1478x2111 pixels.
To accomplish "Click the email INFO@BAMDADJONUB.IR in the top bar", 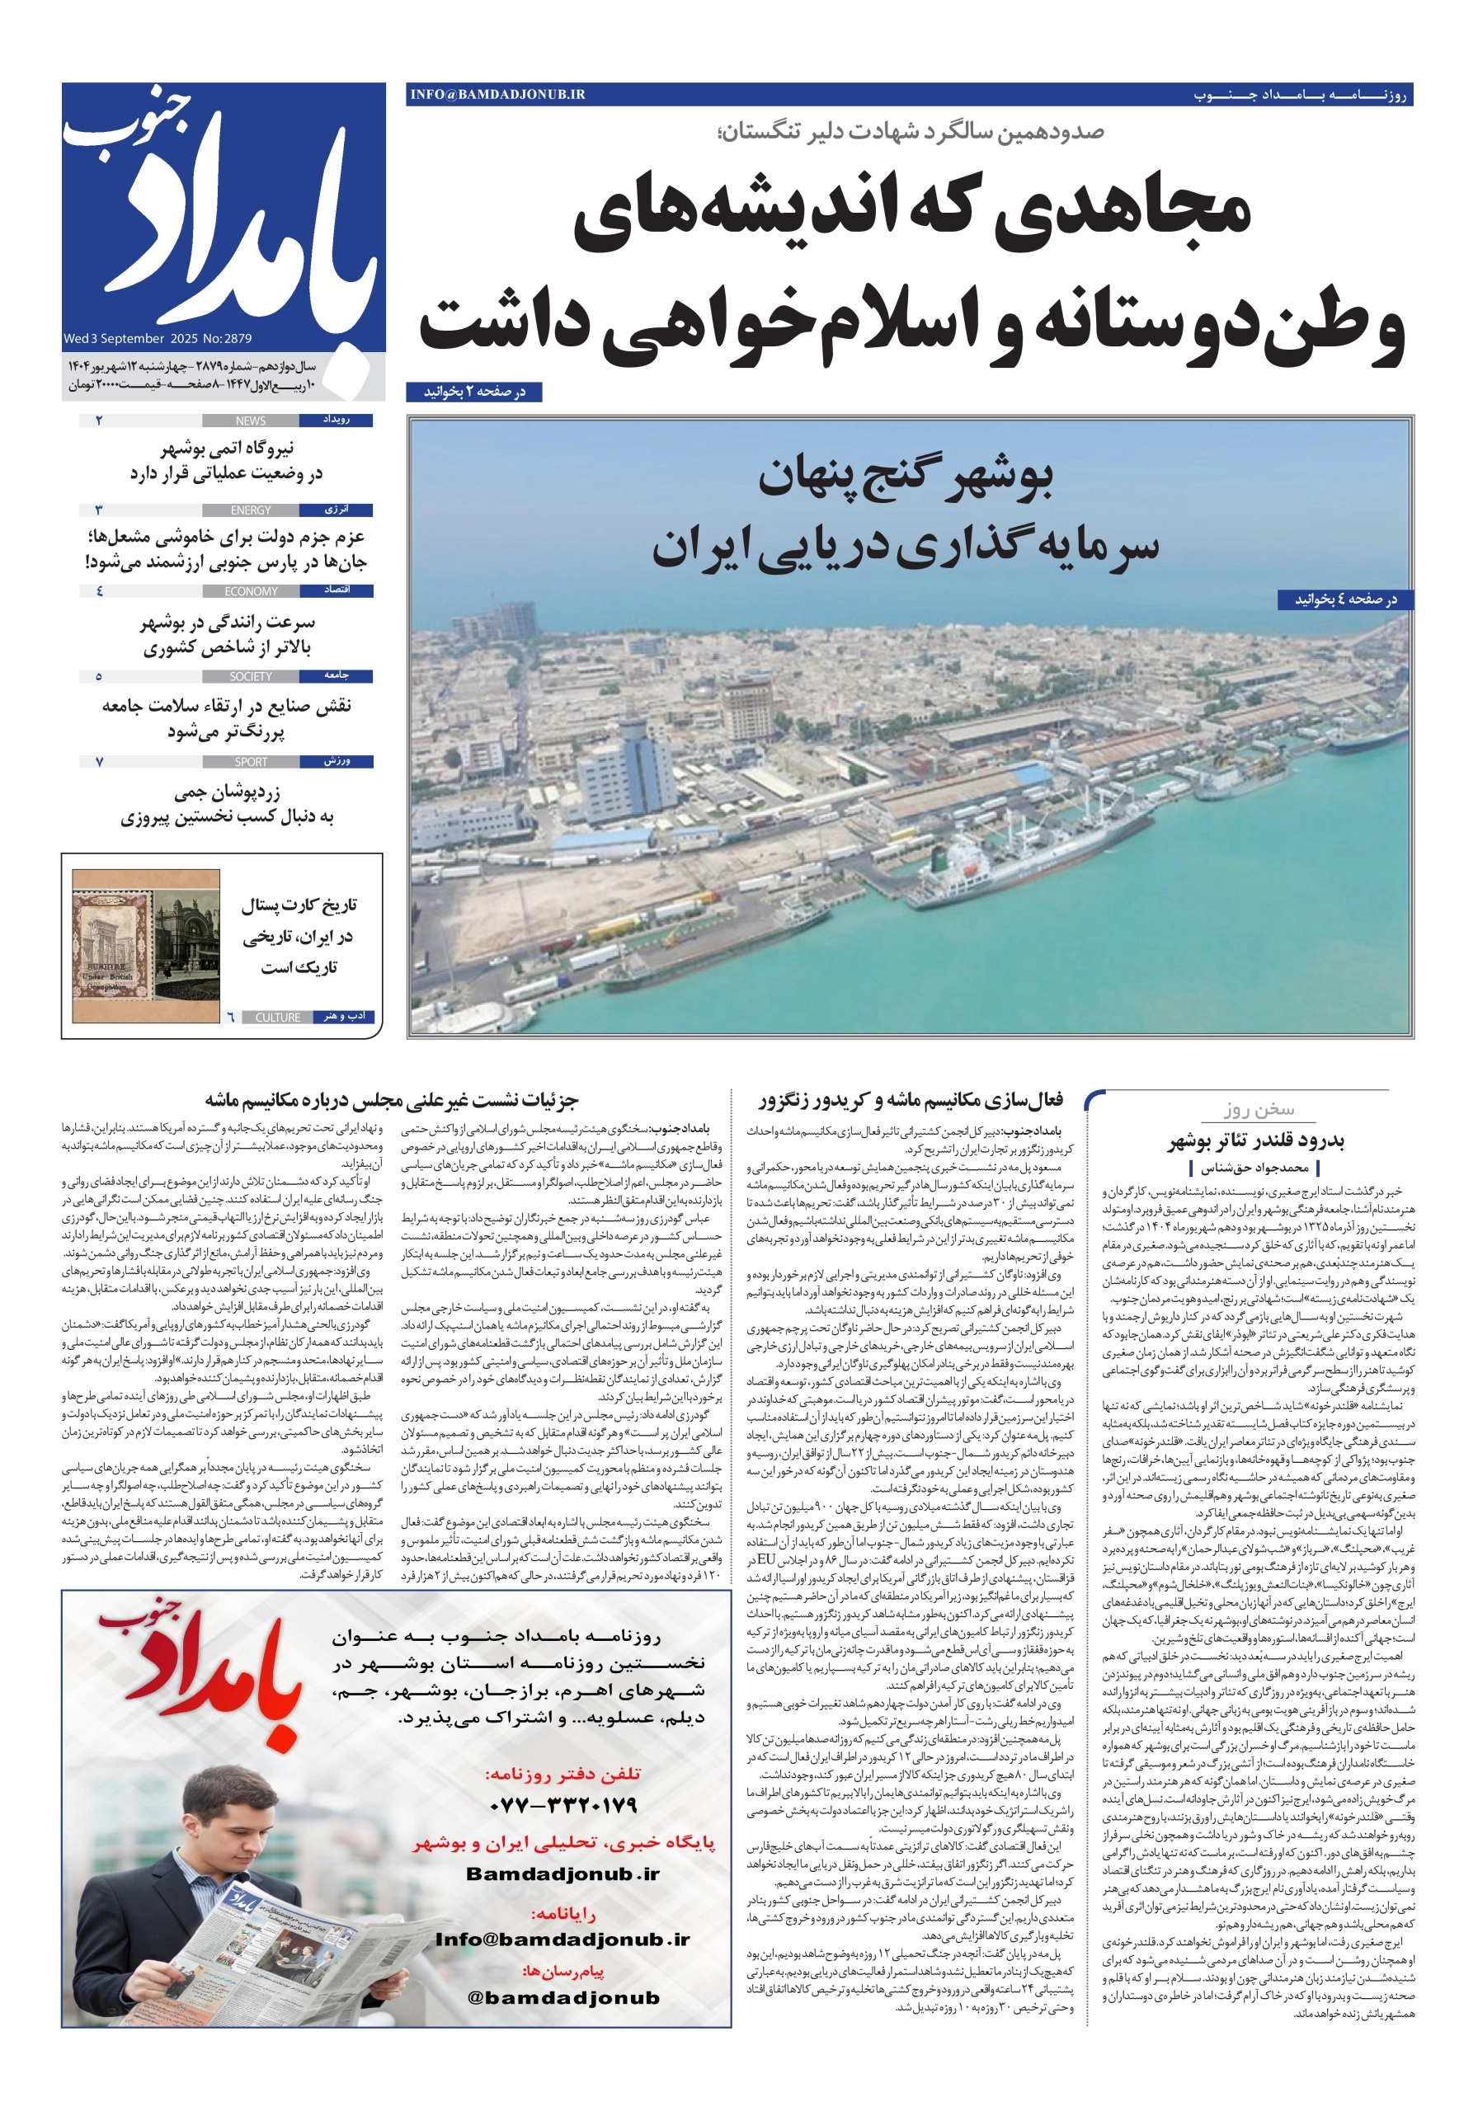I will click(x=497, y=94).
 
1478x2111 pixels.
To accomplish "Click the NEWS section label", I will click(x=250, y=421).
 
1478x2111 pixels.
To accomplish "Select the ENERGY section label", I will click(x=250, y=510).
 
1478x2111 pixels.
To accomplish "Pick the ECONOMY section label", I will click(x=250, y=591).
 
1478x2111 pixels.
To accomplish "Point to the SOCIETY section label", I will click(x=250, y=677).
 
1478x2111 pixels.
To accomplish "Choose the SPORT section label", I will click(x=250, y=762).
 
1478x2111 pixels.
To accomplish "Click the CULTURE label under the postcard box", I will click(x=277, y=1018).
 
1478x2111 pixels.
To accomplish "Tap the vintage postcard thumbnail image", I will click(x=145, y=946).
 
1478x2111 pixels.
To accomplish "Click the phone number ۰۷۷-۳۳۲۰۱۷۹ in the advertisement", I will click(x=564, y=1805).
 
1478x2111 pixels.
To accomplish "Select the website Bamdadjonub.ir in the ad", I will click(x=562, y=1874).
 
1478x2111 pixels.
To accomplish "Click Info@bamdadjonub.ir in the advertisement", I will click(x=562, y=1939).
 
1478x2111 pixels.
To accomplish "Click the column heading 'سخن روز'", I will click(x=1258, y=1110).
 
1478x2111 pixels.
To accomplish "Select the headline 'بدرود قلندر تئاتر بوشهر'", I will click(x=1256, y=1142).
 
